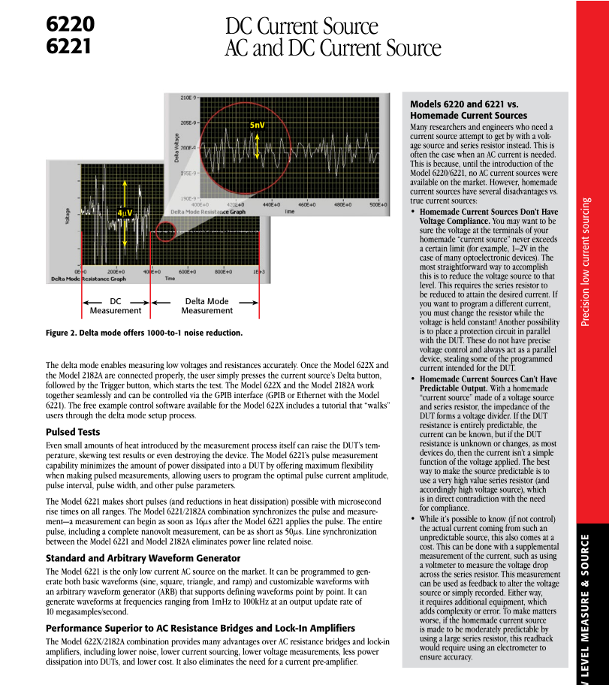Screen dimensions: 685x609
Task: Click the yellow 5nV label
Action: click(x=258, y=125)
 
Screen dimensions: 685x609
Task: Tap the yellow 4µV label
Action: click(x=125, y=213)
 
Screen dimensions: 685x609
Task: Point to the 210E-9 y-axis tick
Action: click(x=187, y=98)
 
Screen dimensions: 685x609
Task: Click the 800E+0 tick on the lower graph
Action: click(x=223, y=271)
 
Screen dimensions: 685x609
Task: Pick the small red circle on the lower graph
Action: click(x=166, y=229)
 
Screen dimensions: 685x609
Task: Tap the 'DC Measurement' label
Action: click(x=116, y=306)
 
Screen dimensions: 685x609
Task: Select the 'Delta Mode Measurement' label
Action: click(x=207, y=306)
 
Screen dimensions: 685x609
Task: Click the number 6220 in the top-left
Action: click(x=70, y=25)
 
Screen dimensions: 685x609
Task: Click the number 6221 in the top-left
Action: click(x=69, y=47)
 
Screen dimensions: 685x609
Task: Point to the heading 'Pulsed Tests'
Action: click(x=73, y=432)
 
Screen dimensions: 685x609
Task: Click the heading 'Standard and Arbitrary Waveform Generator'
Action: click(x=143, y=558)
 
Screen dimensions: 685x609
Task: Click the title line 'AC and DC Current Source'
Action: click(x=333, y=49)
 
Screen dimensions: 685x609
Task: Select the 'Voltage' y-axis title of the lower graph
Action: click(x=68, y=216)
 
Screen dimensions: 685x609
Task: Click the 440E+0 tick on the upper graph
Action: click(x=271, y=204)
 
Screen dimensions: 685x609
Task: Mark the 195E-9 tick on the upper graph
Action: click(x=187, y=173)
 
